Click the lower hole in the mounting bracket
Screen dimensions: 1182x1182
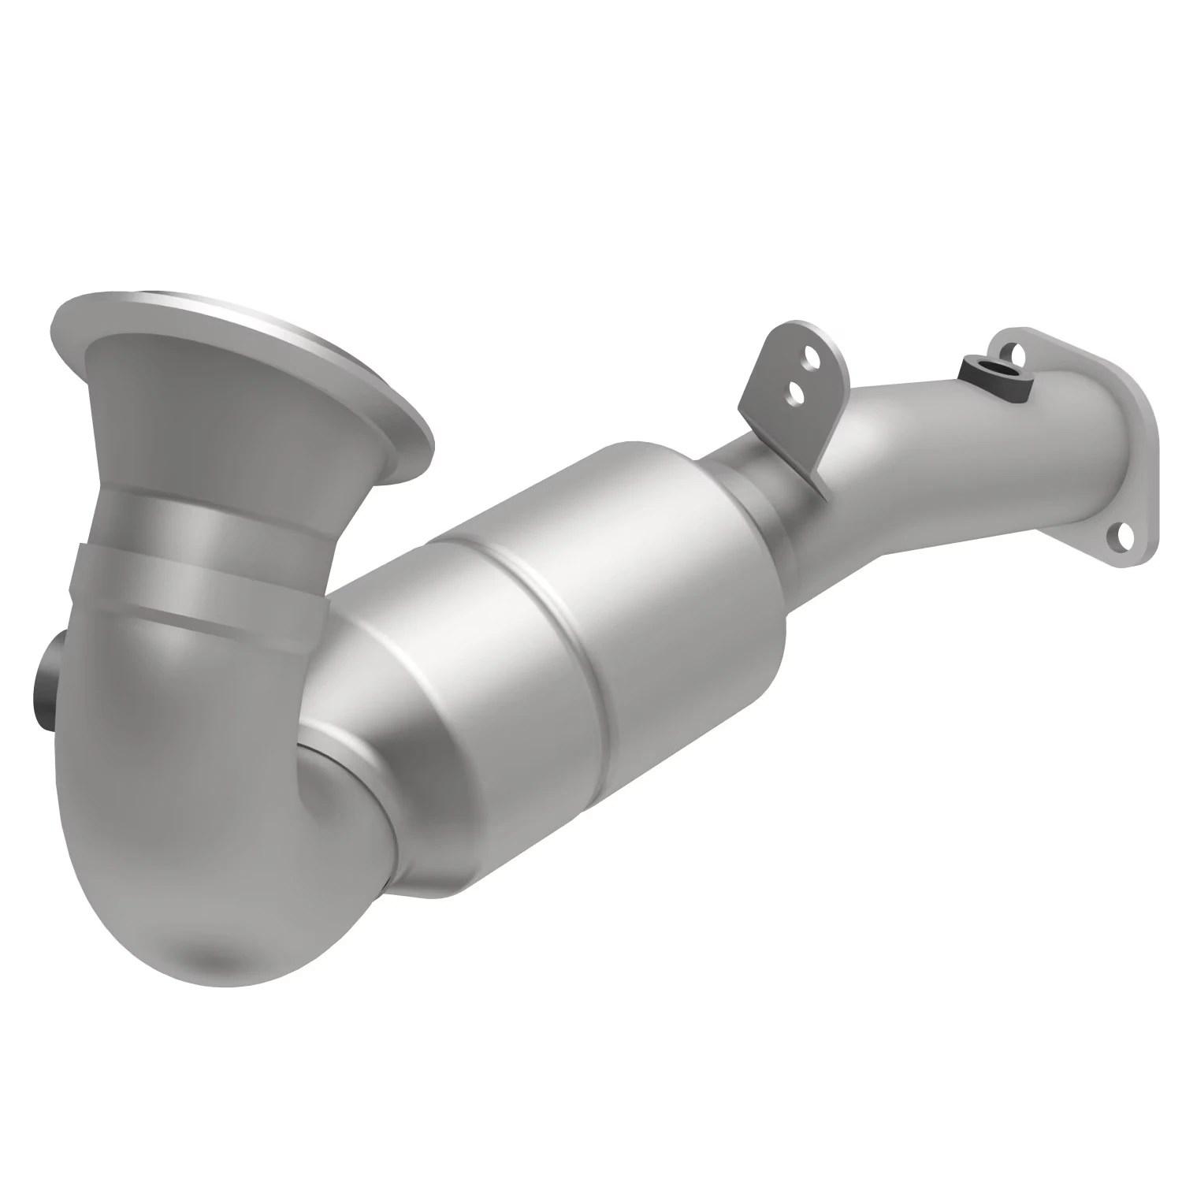796,390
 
